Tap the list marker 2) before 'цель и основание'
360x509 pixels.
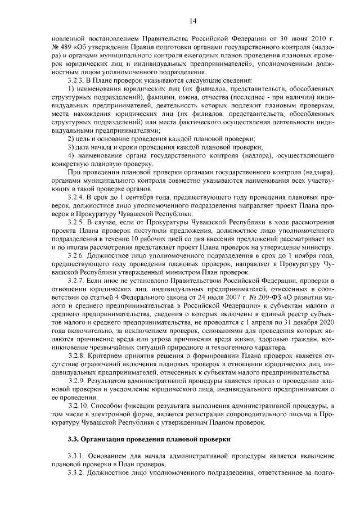(71, 138)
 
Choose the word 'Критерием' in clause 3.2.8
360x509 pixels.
(109, 355)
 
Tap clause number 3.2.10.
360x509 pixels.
(79, 406)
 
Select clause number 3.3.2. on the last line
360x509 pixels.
(78, 474)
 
